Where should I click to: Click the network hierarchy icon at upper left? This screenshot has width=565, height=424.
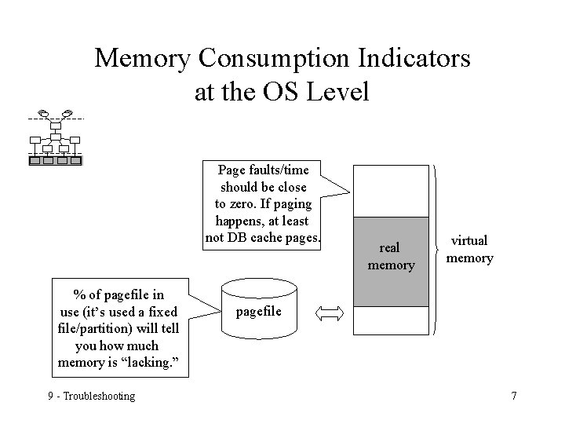(55, 138)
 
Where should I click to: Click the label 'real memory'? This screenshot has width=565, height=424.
(391, 257)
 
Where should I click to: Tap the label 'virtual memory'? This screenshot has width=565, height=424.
(469, 249)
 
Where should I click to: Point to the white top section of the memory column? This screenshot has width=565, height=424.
(391, 191)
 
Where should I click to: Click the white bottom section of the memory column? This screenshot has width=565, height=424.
(391, 320)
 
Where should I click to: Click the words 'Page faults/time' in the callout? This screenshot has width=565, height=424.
(264, 170)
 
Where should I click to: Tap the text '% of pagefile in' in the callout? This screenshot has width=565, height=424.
(118, 294)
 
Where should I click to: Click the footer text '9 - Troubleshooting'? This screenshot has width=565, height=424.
(91, 396)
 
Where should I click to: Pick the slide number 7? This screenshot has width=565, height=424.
(513, 396)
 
